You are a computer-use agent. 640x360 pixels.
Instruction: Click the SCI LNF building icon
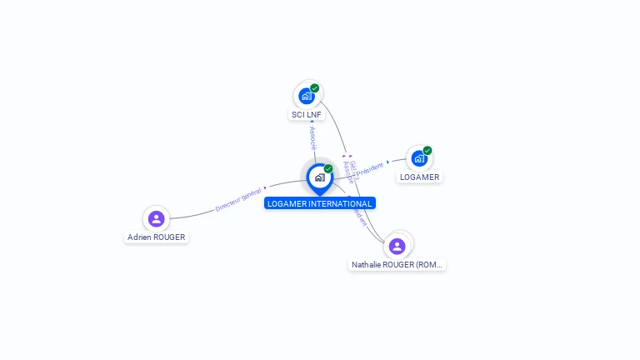point(307,96)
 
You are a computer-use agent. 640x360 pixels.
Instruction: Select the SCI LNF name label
point(307,114)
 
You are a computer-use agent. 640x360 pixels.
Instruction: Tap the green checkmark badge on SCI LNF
point(315,87)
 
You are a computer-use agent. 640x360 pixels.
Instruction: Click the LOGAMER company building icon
point(419,158)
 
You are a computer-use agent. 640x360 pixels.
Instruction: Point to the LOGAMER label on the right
point(420,177)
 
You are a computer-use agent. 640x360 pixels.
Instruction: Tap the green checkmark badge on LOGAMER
point(427,151)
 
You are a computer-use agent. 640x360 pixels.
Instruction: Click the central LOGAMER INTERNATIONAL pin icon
point(319,177)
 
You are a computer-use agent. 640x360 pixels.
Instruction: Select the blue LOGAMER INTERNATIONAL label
point(319,203)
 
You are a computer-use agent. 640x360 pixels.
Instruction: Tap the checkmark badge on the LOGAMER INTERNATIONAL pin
point(328,168)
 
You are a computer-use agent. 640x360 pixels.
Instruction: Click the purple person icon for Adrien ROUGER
point(156,218)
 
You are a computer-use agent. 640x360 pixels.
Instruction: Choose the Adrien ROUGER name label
point(156,237)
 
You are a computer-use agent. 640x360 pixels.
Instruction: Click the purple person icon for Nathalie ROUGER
point(397,246)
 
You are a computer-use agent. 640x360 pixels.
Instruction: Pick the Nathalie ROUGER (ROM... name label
point(397,265)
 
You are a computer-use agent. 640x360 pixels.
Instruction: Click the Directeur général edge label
point(238,200)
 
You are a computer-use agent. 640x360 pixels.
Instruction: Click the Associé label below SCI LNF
point(312,137)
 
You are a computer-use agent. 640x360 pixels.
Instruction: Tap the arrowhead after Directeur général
point(266,188)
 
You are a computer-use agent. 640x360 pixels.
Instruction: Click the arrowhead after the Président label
point(388,162)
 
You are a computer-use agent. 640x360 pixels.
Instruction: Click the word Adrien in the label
point(139,237)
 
